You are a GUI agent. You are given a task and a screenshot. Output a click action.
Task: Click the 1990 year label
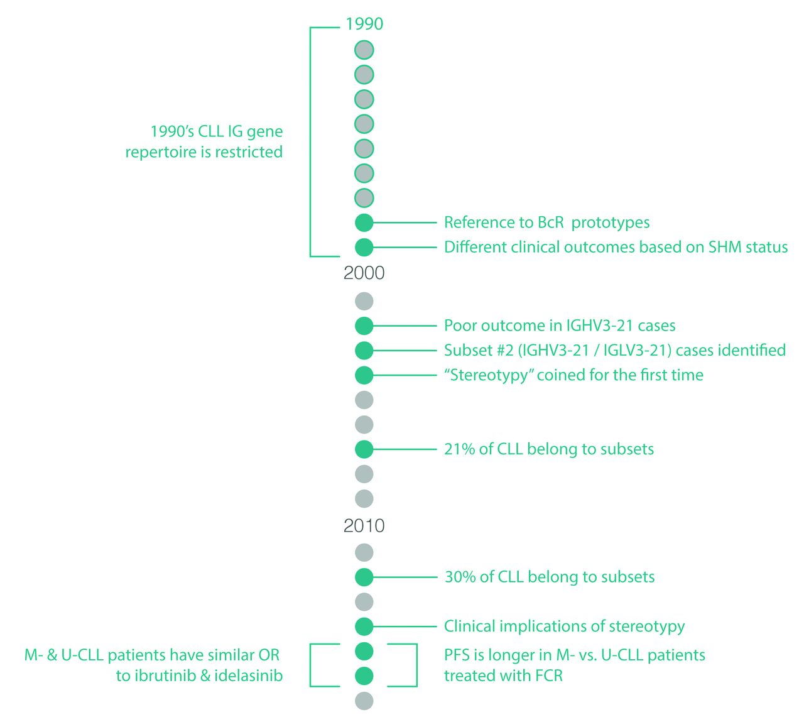click(x=364, y=24)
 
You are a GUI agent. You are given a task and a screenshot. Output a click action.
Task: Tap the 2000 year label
click(x=364, y=273)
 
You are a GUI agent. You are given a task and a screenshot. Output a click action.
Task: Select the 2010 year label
click(x=364, y=525)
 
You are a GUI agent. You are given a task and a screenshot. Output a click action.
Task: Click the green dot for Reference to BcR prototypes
click(x=364, y=222)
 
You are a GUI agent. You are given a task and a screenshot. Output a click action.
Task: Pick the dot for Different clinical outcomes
click(x=364, y=247)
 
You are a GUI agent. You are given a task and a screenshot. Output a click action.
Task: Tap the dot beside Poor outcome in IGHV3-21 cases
click(x=364, y=326)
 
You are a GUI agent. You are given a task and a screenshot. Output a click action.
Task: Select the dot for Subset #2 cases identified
click(x=364, y=350)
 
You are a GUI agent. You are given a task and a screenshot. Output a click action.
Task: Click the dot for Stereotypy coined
click(x=364, y=375)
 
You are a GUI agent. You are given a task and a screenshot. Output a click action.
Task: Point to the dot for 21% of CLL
click(x=364, y=449)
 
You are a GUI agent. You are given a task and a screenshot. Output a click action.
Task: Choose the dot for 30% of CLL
click(x=364, y=577)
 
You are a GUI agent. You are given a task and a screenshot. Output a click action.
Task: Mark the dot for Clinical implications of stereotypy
click(x=364, y=627)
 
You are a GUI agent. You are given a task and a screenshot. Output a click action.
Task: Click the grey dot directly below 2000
click(x=364, y=301)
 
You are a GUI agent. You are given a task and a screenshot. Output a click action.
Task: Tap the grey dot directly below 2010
click(x=364, y=552)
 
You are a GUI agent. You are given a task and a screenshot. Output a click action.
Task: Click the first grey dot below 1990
click(x=364, y=50)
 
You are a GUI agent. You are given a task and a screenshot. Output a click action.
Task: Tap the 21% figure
click(x=459, y=449)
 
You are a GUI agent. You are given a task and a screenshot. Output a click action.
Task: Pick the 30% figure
click(x=460, y=577)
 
